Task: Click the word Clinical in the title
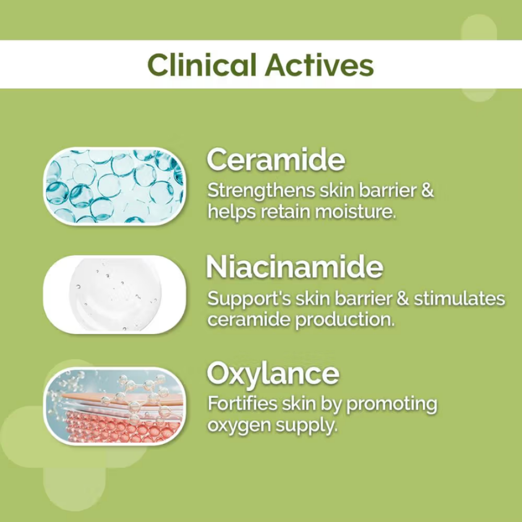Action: [201, 65]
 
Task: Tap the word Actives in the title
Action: [319, 65]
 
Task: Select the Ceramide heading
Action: [276, 159]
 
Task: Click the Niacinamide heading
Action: [294, 267]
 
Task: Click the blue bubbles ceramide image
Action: [114, 186]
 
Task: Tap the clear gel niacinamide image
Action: [114, 294]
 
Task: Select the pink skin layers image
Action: [114, 406]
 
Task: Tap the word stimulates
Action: [459, 298]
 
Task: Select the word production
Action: [345, 321]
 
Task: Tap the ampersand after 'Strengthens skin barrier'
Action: [427, 191]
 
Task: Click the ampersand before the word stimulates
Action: [402, 298]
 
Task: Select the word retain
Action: [286, 212]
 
